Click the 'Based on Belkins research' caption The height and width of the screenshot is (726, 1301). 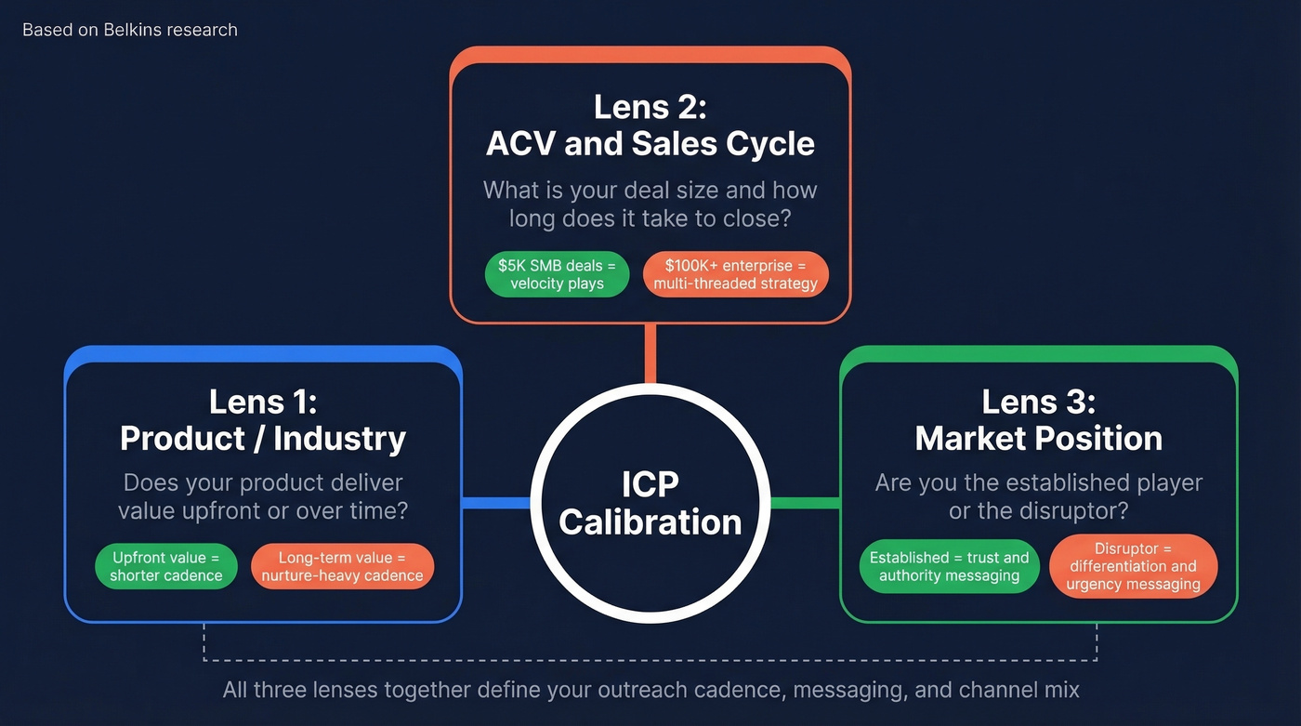click(130, 30)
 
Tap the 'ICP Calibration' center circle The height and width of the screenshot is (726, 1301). click(650, 503)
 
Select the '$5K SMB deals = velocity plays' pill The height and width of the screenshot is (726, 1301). click(557, 274)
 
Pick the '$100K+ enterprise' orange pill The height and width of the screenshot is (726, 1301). click(735, 274)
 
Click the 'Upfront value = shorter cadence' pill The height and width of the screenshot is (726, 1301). click(165, 566)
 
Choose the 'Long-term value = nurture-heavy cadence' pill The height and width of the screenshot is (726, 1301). click(342, 566)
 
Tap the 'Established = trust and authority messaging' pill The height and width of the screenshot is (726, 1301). click(949, 566)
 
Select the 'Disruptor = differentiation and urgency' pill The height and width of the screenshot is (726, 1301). click(1133, 566)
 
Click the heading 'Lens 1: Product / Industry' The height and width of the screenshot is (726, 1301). click(263, 419)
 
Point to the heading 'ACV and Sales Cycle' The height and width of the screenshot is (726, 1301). click(650, 144)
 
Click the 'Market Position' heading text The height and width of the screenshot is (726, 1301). click(1038, 438)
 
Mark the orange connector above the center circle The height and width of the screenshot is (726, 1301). click(650, 353)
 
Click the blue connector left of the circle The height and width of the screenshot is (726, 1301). click(496, 503)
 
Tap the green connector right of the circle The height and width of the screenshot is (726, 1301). click(805, 503)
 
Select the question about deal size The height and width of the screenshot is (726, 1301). click(650, 205)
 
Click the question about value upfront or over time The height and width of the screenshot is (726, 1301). click(263, 497)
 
